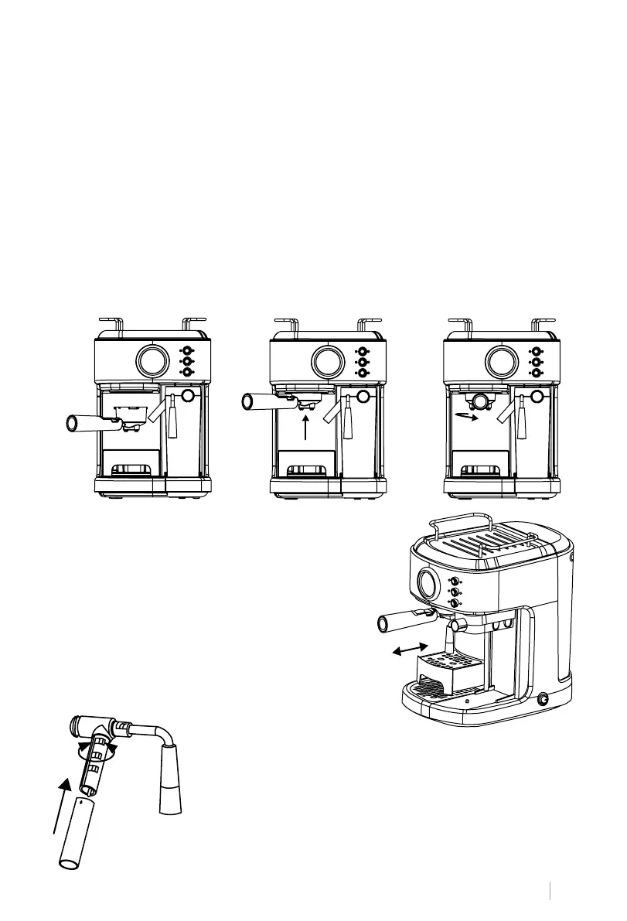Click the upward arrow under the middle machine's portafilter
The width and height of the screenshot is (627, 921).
click(x=307, y=426)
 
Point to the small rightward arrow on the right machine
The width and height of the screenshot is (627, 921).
click(x=466, y=414)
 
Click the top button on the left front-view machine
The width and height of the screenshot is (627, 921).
click(x=186, y=350)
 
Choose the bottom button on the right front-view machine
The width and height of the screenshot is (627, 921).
click(x=537, y=372)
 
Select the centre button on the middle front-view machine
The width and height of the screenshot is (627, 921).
click(x=362, y=360)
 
